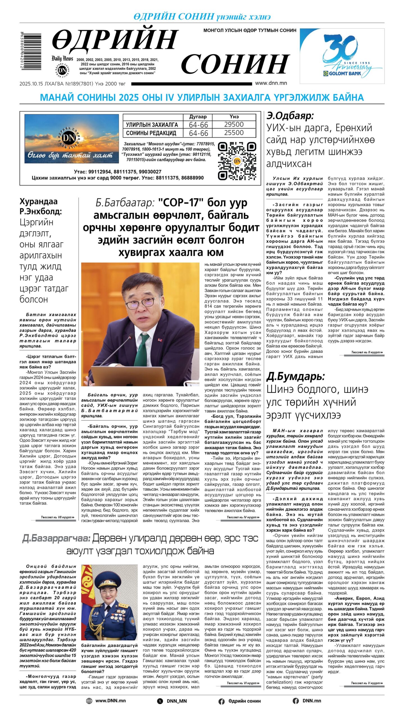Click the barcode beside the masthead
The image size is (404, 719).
[x=31, y=51]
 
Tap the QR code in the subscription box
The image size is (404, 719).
[x=237, y=161]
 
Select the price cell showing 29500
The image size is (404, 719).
[x=234, y=124]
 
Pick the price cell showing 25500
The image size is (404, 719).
[x=234, y=133]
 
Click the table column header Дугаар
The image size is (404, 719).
[x=198, y=117]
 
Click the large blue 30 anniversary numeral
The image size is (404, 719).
[x=340, y=48]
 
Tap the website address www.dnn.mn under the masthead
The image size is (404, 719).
[x=271, y=83]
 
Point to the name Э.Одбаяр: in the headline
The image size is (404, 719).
[x=290, y=116]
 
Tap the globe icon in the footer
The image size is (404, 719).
[x=89, y=701]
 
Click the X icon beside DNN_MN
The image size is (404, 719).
[x=160, y=701]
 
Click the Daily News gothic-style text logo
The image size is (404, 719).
[x=62, y=58]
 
